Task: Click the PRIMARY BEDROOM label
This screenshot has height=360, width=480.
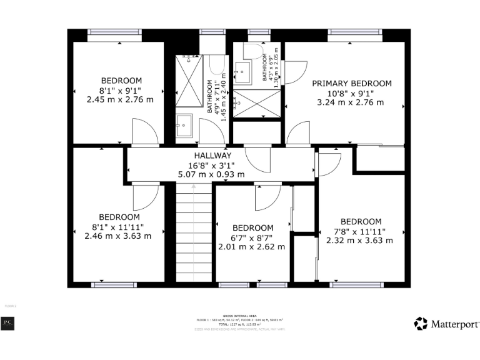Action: click(352, 83)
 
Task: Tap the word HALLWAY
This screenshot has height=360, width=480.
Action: click(212, 156)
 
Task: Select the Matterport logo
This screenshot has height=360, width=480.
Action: click(447, 324)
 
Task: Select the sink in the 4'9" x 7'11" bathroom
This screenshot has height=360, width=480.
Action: click(183, 124)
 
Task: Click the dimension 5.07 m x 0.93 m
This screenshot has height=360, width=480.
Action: click(212, 174)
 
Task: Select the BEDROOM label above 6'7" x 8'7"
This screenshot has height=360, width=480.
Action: click(252, 227)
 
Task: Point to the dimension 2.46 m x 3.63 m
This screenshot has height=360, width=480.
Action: click(117, 236)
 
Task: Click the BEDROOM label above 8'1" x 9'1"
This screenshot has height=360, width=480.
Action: click(121, 80)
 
